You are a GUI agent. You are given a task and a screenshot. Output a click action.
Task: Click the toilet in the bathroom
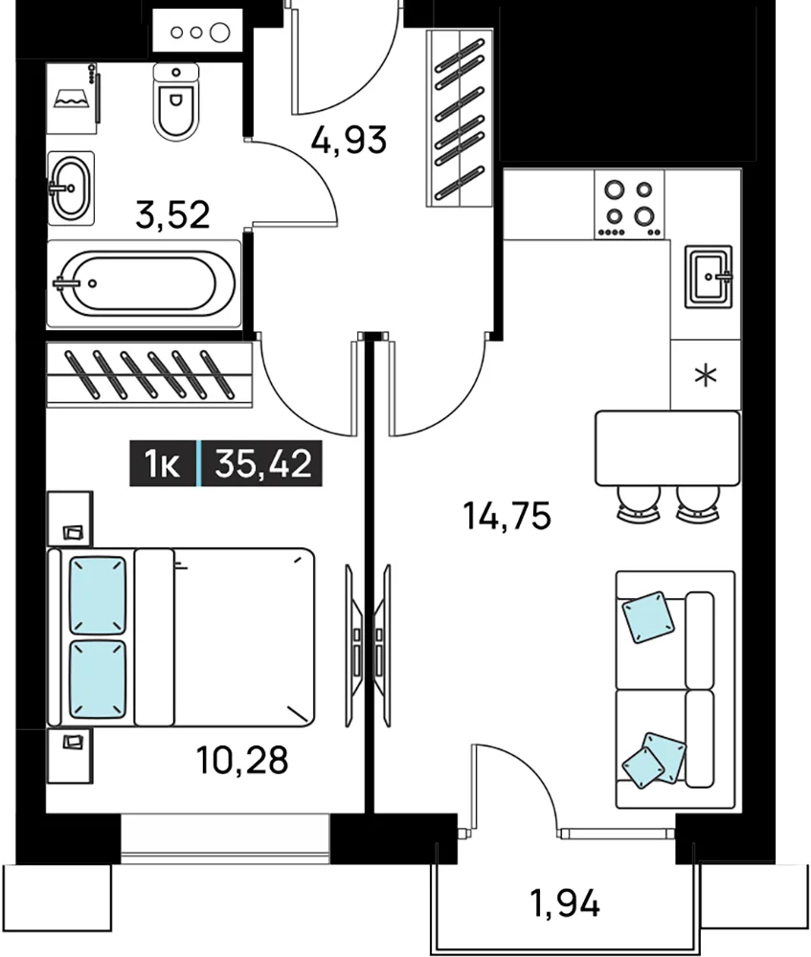coord(176,102)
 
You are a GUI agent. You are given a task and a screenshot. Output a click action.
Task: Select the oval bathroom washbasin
coord(71,188)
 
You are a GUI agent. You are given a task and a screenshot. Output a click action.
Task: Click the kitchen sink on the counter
coord(709,277)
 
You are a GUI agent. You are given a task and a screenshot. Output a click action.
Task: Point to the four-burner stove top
coord(629,205)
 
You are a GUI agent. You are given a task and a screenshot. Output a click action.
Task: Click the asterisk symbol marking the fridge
coord(706,375)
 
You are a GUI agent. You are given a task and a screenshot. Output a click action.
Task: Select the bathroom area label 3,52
coord(172,214)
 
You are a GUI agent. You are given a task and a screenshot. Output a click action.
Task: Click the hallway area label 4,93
coord(349,140)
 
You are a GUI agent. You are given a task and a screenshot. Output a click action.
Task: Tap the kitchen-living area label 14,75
coord(507,516)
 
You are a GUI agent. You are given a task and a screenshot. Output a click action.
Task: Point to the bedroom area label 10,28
coord(242,761)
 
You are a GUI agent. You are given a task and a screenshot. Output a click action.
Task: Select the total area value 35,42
coord(263,463)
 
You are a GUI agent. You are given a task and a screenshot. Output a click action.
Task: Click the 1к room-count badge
coord(162,464)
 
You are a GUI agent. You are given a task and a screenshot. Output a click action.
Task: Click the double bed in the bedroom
coord(181,637)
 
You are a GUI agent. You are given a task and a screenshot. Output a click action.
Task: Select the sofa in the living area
coord(675,690)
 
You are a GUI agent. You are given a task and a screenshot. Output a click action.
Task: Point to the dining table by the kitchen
coord(667,449)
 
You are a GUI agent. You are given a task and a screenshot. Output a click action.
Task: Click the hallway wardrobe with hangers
coord(460,118)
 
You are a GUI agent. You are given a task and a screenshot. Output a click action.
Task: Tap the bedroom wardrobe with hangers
coord(149,374)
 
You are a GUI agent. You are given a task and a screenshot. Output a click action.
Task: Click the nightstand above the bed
coord(70,518)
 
